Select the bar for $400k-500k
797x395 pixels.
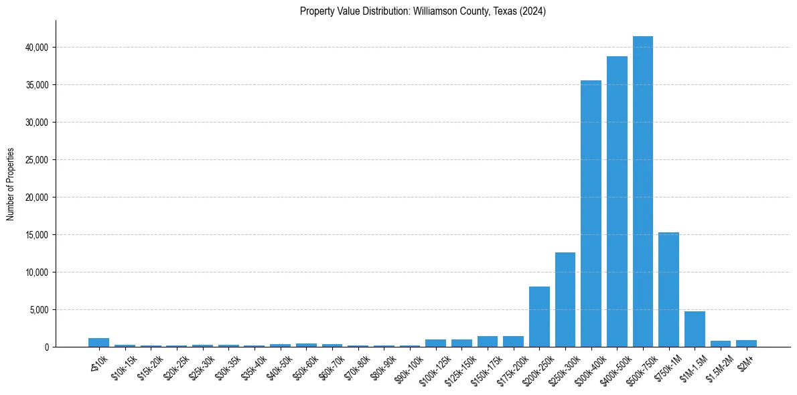click(x=617, y=201)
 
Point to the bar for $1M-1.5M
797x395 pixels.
click(x=695, y=329)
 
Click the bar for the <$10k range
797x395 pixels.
click(x=98, y=342)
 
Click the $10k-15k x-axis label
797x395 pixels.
click(x=123, y=368)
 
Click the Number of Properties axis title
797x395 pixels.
click(x=10, y=184)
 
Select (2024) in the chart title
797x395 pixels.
click(x=532, y=11)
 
